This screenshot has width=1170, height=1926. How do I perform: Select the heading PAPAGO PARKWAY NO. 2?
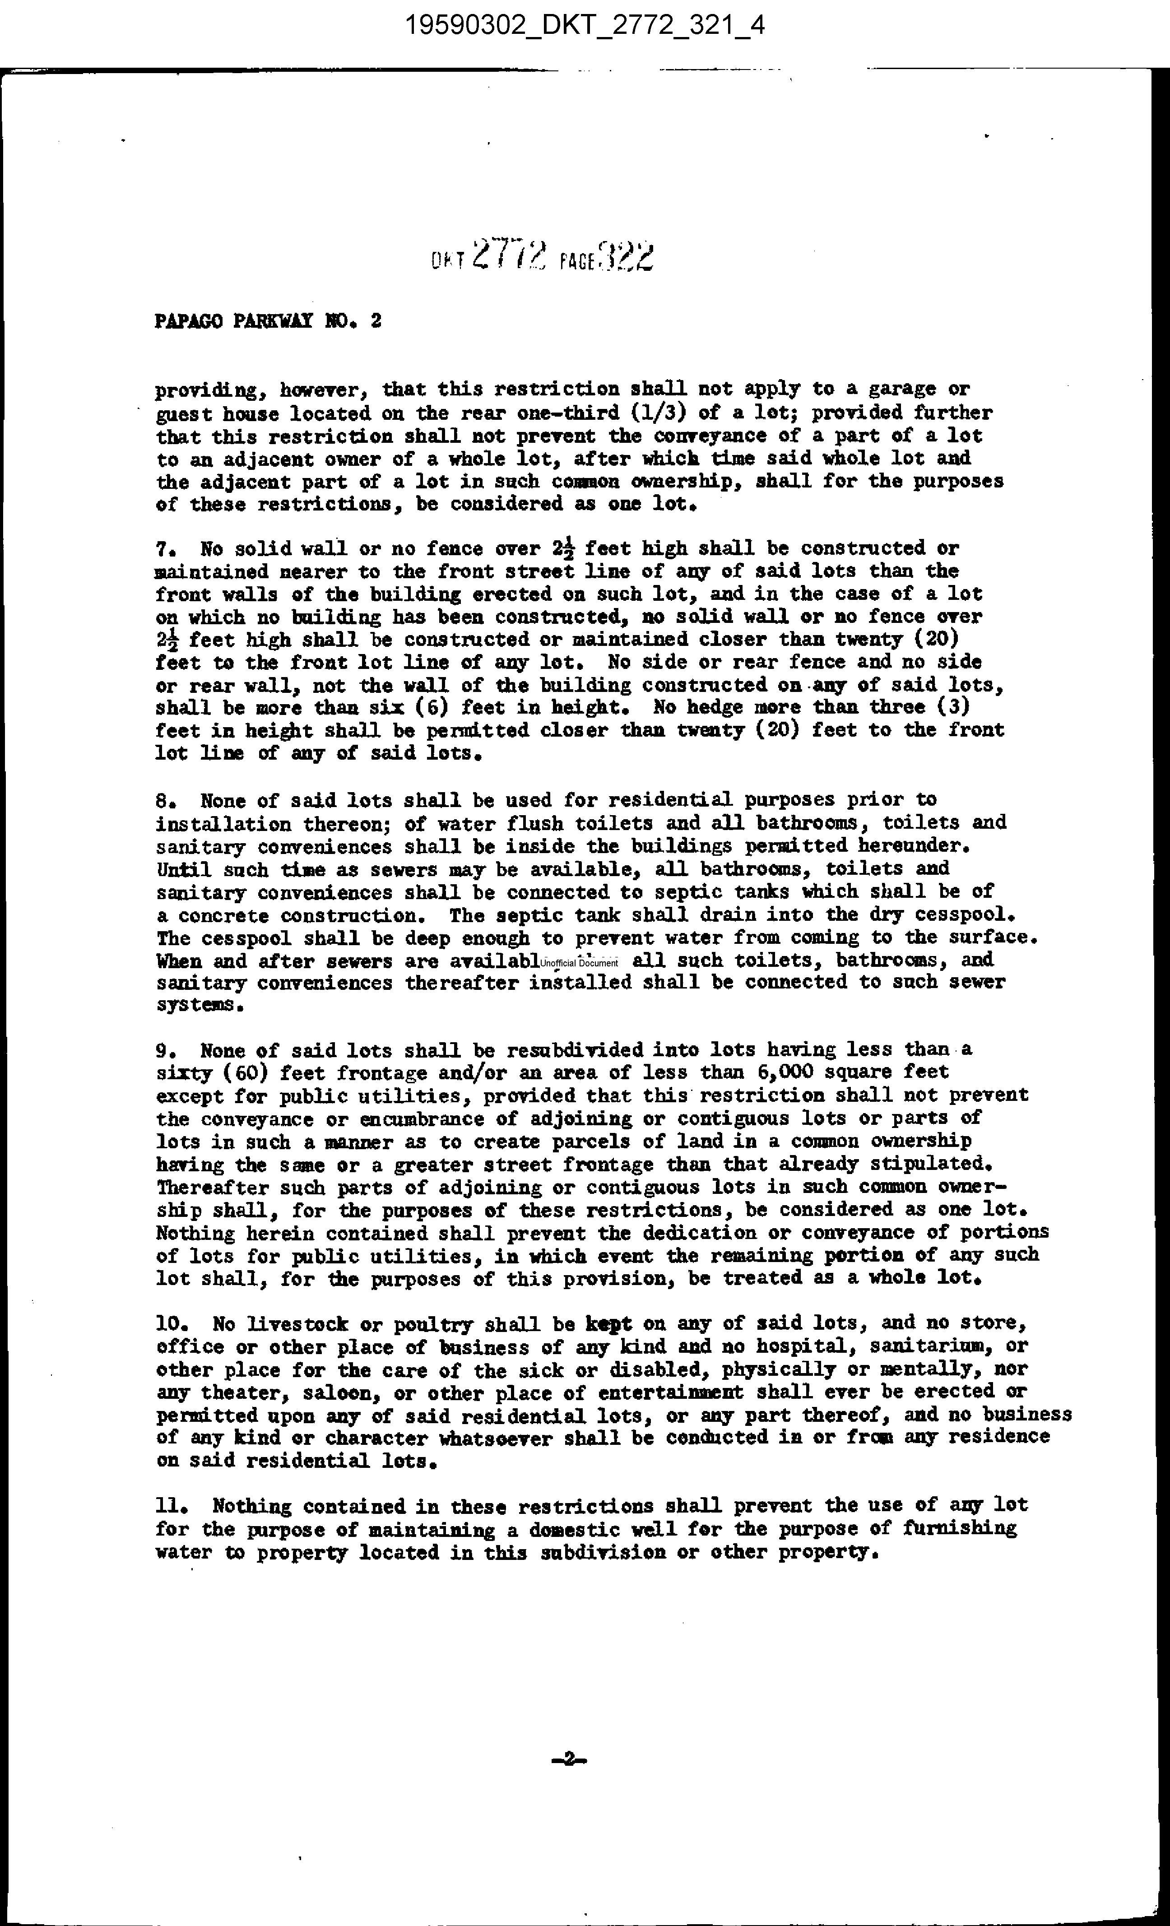pos(268,321)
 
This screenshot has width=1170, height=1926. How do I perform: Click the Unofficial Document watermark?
pos(578,963)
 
